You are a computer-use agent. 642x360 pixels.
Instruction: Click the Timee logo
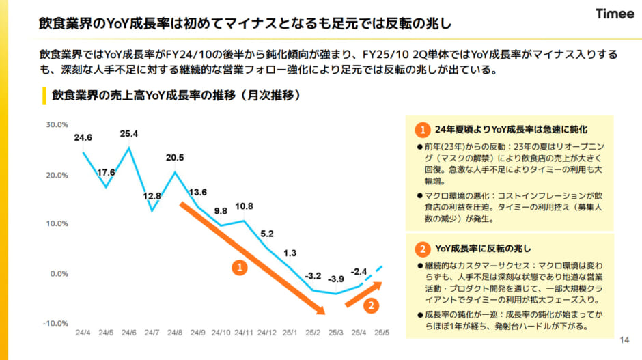(614, 14)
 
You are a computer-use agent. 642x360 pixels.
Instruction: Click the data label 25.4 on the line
(128, 133)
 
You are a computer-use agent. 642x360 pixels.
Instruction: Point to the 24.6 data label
(83, 137)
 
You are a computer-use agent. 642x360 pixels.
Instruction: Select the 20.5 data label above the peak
(175, 158)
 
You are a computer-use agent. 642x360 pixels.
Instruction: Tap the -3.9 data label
(336, 279)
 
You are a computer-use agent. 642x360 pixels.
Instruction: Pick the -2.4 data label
(359, 271)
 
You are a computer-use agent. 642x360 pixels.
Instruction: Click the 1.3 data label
(290, 253)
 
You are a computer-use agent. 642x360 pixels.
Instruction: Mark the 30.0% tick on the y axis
(57, 125)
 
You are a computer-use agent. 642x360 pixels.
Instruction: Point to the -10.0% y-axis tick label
(55, 323)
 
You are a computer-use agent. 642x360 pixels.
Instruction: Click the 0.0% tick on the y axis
(58, 273)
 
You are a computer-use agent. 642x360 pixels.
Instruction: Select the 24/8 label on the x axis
(175, 334)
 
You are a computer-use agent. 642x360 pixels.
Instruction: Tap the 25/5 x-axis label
(382, 334)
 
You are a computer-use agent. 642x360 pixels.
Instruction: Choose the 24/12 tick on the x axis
(266, 334)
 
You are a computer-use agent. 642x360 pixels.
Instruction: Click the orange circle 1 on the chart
(240, 268)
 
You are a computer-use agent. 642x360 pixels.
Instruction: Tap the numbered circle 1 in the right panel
(423, 129)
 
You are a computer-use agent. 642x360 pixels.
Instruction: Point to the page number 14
(622, 340)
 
